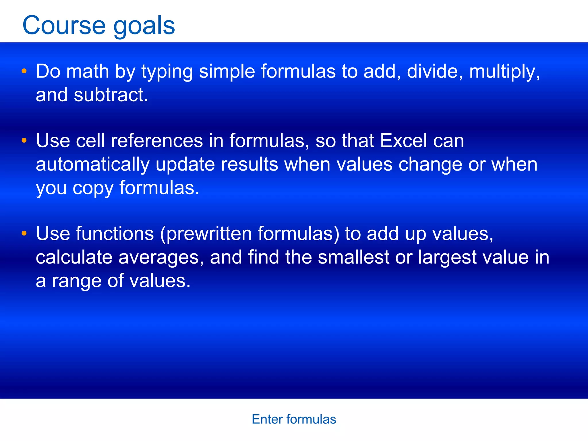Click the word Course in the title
coord(64,25)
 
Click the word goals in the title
coord(144,26)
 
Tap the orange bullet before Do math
coord(24,71)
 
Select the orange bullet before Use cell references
coord(24,140)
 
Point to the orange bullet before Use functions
coord(24,233)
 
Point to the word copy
coord(93,189)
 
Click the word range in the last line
coord(76,281)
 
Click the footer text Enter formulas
coord(294,419)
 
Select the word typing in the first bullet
coord(167,72)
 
